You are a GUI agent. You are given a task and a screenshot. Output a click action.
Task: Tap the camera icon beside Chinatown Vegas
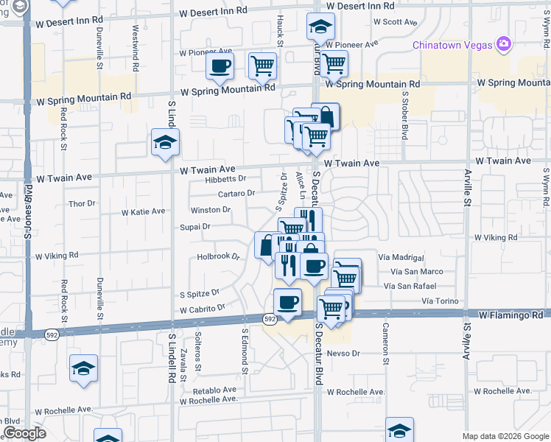click(504, 44)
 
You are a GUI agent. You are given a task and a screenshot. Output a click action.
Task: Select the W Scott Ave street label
click(396, 22)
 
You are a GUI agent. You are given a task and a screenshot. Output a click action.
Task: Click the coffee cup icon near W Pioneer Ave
click(220, 66)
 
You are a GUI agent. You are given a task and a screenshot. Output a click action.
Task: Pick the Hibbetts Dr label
click(225, 178)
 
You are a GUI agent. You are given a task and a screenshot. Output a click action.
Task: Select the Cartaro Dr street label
click(236, 193)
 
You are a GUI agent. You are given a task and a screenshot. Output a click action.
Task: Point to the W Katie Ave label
click(143, 211)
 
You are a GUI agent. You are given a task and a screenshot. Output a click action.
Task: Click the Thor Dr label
click(82, 203)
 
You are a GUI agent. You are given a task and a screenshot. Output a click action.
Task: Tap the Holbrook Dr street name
click(219, 257)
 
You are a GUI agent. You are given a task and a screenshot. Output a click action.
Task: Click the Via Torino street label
click(441, 301)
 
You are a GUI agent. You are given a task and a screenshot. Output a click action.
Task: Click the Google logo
click(24, 434)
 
